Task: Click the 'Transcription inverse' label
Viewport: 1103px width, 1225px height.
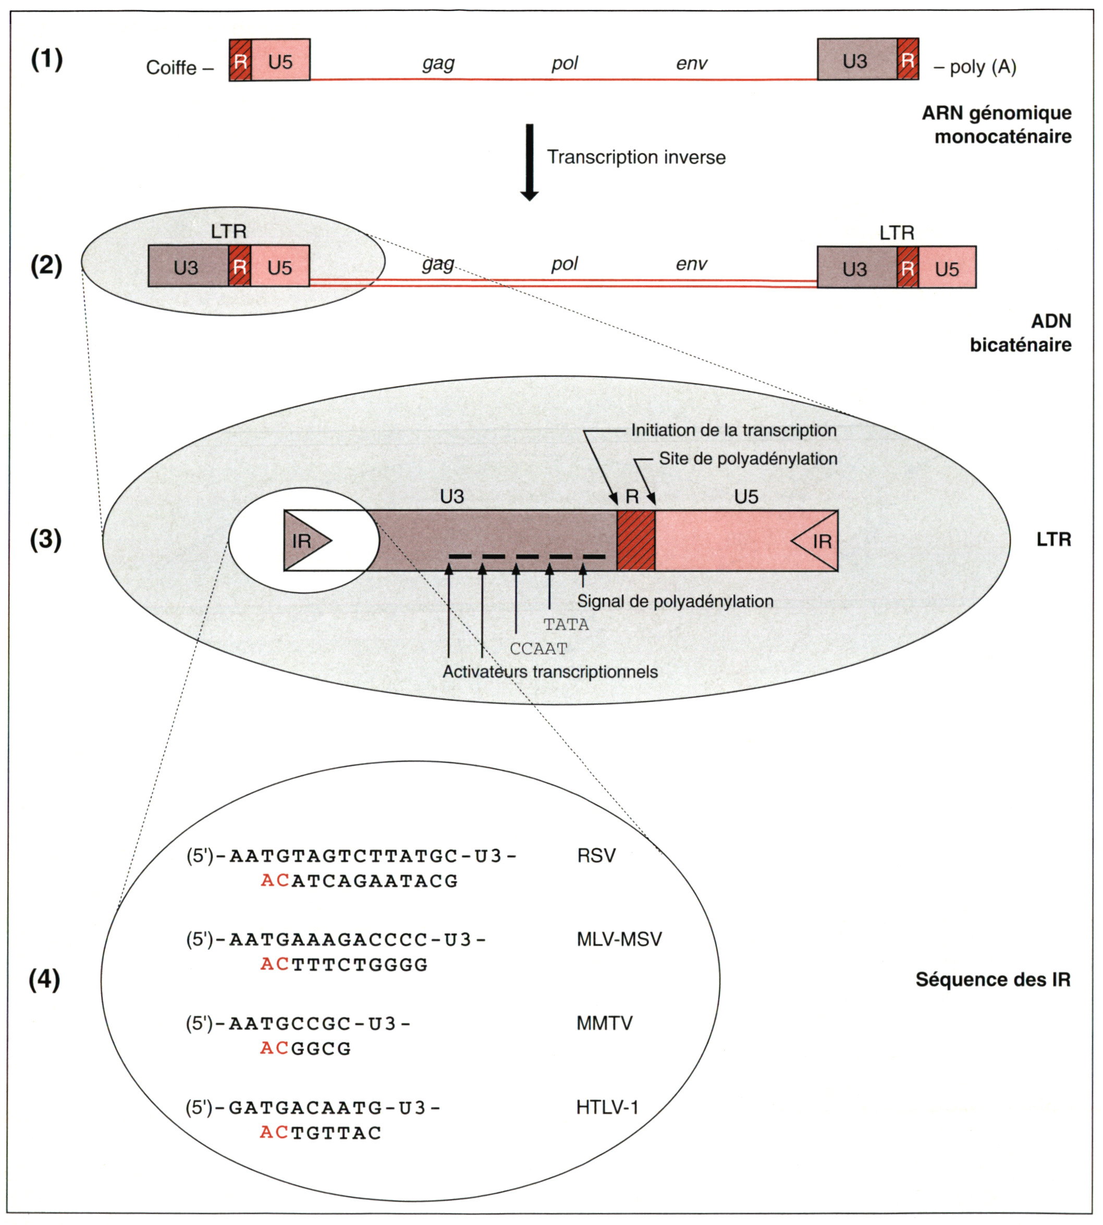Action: [x=636, y=158]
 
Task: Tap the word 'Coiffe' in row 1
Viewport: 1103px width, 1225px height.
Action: [x=171, y=67]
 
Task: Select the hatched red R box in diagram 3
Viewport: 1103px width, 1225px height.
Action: [x=636, y=541]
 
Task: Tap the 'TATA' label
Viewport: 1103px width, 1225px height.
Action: [x=566, y=624]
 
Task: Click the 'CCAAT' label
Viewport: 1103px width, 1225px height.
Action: [x=538, y=648]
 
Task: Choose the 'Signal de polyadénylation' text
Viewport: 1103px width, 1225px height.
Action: [x=675, y=601]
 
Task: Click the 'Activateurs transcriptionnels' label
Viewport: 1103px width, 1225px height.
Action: [x=550, y=671]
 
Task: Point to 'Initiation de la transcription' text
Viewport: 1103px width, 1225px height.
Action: [x=733, y=430]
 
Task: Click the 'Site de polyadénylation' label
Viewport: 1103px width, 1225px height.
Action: [x=748, y=459]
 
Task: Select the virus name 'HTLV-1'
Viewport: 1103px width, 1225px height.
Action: [x=607, y=1107]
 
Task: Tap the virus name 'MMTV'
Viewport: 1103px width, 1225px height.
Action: [x=604, y=1023]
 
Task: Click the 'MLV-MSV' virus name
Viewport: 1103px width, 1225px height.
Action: [x=619, y=939]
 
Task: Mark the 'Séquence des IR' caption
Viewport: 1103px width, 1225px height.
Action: [x=992, y=979]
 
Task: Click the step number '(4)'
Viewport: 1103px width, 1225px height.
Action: [x=45, y=979]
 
